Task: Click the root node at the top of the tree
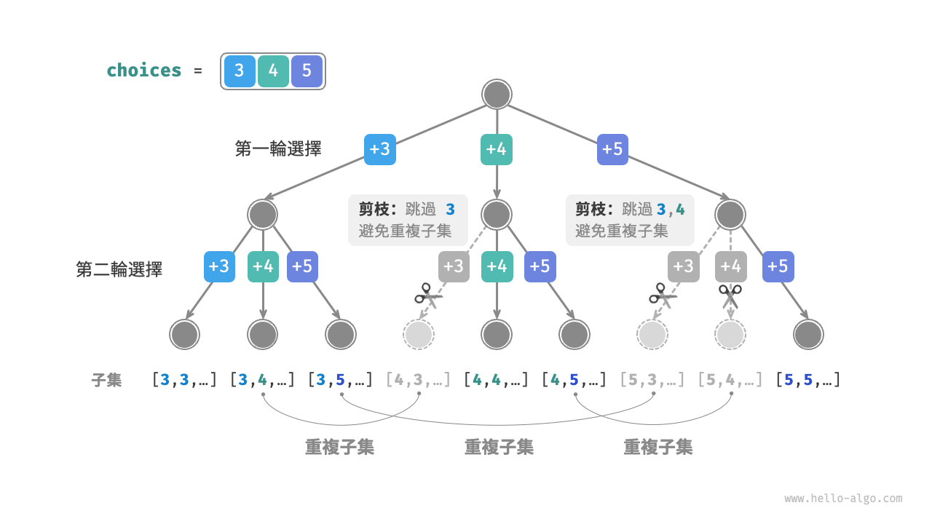point(497,95)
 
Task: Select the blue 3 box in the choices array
point(240,71)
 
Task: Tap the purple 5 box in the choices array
point(307,71)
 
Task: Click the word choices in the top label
point(144,71)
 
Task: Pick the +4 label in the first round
point(497,149)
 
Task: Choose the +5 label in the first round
point(612,149)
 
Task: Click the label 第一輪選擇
point(278,149)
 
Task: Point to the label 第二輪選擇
point(119,269)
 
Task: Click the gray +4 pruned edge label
point(730,266)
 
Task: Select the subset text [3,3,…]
point(184,379)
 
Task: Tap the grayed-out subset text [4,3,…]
point(418,379)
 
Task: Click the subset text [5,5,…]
point(808,379)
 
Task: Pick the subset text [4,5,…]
point(574,379)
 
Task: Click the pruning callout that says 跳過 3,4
point(630,220)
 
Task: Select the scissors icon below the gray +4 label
point(730,296)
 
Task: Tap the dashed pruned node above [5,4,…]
point(730,335)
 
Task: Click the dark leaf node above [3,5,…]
point(341,335)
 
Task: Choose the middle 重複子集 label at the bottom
point(499,447)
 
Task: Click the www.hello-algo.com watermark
point(843,499)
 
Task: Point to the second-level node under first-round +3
point(263,215)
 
